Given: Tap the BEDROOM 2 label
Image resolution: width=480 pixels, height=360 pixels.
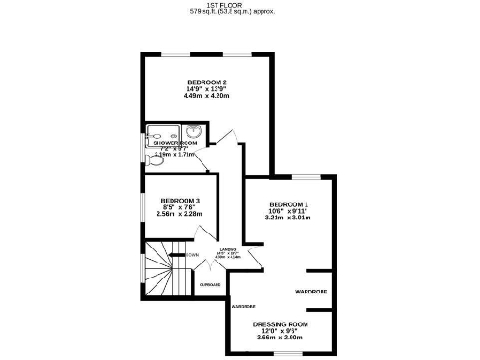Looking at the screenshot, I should (x=205, y=82).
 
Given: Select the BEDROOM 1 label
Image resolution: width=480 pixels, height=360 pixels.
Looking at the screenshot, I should (x=289, y=204).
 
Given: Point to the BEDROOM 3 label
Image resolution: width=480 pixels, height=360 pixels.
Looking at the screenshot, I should (x=179, y=200).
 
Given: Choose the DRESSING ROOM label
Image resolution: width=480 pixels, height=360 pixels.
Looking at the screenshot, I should (x=280, y=323).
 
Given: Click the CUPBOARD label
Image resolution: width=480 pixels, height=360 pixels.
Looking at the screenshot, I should (x=209, y=284).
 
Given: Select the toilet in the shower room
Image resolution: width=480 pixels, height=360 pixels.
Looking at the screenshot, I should (x=155, y=159).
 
